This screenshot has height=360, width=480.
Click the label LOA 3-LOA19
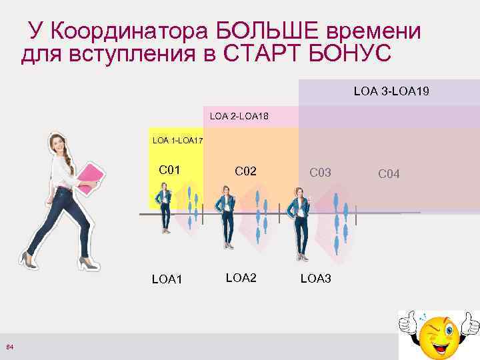[x=391, y=90]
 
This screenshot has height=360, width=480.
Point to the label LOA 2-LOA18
[x=239, y=117]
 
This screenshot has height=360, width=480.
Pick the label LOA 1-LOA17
[x=177, y=141]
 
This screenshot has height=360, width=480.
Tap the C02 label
[x=245, y=171]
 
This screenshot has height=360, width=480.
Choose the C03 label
[x=320, y=172]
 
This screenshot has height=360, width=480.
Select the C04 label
[x=389, y=174]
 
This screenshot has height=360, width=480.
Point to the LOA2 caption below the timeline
[x=241, y=277]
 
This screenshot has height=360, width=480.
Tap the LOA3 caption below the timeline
[x=315, y=278]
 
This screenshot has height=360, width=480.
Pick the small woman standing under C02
[x=227, y=217]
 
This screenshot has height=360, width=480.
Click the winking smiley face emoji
[x=439, y=333]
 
